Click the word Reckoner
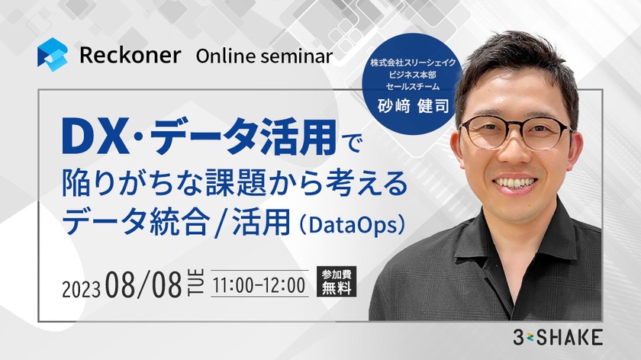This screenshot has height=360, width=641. (129, 56)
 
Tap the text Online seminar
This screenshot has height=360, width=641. (264, 56)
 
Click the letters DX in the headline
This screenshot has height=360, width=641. (93, 140)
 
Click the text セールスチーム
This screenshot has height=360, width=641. (413, 85)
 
